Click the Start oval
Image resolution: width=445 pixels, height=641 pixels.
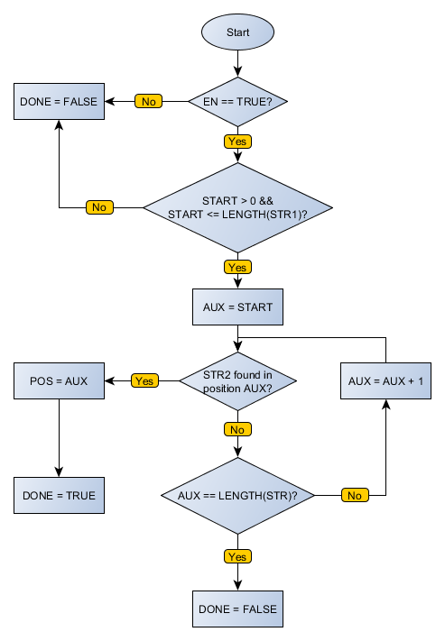(237, 32)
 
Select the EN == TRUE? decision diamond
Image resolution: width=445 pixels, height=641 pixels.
(237, 102)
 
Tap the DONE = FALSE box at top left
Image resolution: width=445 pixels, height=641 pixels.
(59, 102)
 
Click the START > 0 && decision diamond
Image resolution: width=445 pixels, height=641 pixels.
(237, 207)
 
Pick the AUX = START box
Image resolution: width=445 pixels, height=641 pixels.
(237, 307)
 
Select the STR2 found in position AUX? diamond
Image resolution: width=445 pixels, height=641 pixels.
(237, 380)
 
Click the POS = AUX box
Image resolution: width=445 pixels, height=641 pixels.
(59, 380)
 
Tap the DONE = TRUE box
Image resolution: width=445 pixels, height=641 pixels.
(59, 495)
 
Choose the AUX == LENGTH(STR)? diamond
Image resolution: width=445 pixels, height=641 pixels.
(237, 495)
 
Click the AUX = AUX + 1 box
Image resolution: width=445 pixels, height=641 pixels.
(385, 380)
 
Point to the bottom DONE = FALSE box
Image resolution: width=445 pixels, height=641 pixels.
(237, 609)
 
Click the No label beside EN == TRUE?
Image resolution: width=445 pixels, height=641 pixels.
(148, 102)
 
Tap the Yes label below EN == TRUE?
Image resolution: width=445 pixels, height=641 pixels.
(237, 142)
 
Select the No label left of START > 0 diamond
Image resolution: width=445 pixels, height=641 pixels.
(98, 207)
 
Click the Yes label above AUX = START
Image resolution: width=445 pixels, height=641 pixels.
(237, 268)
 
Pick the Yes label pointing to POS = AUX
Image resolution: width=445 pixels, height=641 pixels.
(144, 380)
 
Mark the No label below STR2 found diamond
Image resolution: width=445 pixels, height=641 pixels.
(237, 430)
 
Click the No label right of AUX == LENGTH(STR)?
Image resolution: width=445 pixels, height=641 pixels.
(355, 495)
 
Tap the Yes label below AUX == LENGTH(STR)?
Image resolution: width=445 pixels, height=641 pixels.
(237, 557)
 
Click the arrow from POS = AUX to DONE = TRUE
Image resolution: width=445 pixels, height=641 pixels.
(59, 436)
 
